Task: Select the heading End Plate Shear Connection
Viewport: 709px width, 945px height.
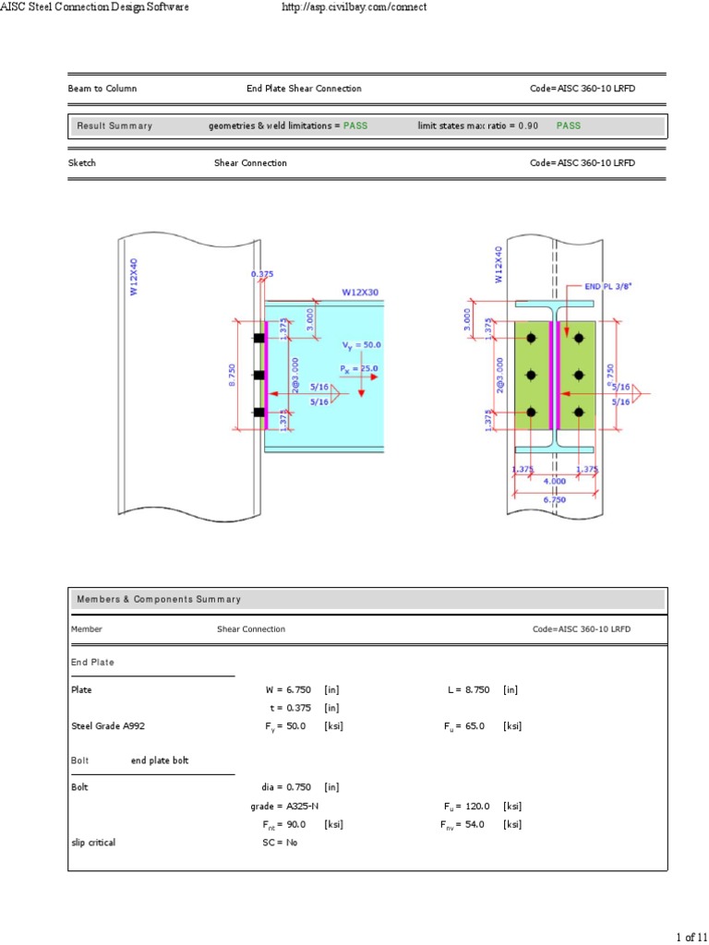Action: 304,89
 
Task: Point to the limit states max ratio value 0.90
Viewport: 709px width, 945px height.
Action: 528,126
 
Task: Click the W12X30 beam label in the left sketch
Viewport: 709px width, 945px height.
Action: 360,292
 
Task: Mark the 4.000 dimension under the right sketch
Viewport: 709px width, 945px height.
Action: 555,481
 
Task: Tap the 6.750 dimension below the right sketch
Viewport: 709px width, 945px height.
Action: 555,499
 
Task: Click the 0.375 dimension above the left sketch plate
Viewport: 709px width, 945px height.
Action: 263,274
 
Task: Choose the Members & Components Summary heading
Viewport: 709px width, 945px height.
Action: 159,599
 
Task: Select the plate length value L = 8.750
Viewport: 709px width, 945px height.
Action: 468,689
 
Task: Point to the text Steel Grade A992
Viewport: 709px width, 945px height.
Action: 108,726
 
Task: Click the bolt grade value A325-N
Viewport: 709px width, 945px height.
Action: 297,806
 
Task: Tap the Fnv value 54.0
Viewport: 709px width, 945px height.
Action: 475,824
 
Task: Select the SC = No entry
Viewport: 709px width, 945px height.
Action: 281,843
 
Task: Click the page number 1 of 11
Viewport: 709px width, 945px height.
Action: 691,937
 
